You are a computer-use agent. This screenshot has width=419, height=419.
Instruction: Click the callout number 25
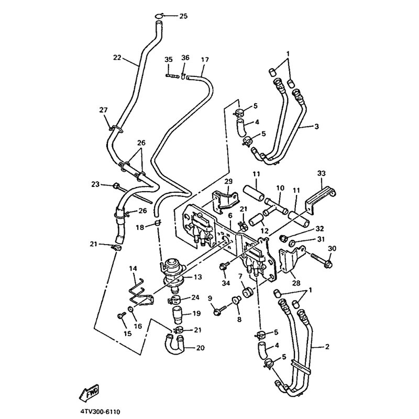pos(183,16)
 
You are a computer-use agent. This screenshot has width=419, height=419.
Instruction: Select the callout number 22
pos(117,58)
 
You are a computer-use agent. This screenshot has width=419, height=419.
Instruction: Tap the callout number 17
pos(204,59)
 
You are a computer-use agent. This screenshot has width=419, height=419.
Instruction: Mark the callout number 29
pos(228,181)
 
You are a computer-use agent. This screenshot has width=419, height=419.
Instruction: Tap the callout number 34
pos(226,283)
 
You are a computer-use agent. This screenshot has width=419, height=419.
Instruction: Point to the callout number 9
pos(210,299)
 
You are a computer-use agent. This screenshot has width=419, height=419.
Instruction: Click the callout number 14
pos(133,268)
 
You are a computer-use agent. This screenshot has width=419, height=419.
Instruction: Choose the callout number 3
pos(317,126)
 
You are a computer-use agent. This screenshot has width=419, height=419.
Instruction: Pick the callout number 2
pos(327,346)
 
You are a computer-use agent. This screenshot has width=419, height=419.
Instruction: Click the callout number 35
pos(168,59)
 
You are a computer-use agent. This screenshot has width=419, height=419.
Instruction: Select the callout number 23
pos(95,184)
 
